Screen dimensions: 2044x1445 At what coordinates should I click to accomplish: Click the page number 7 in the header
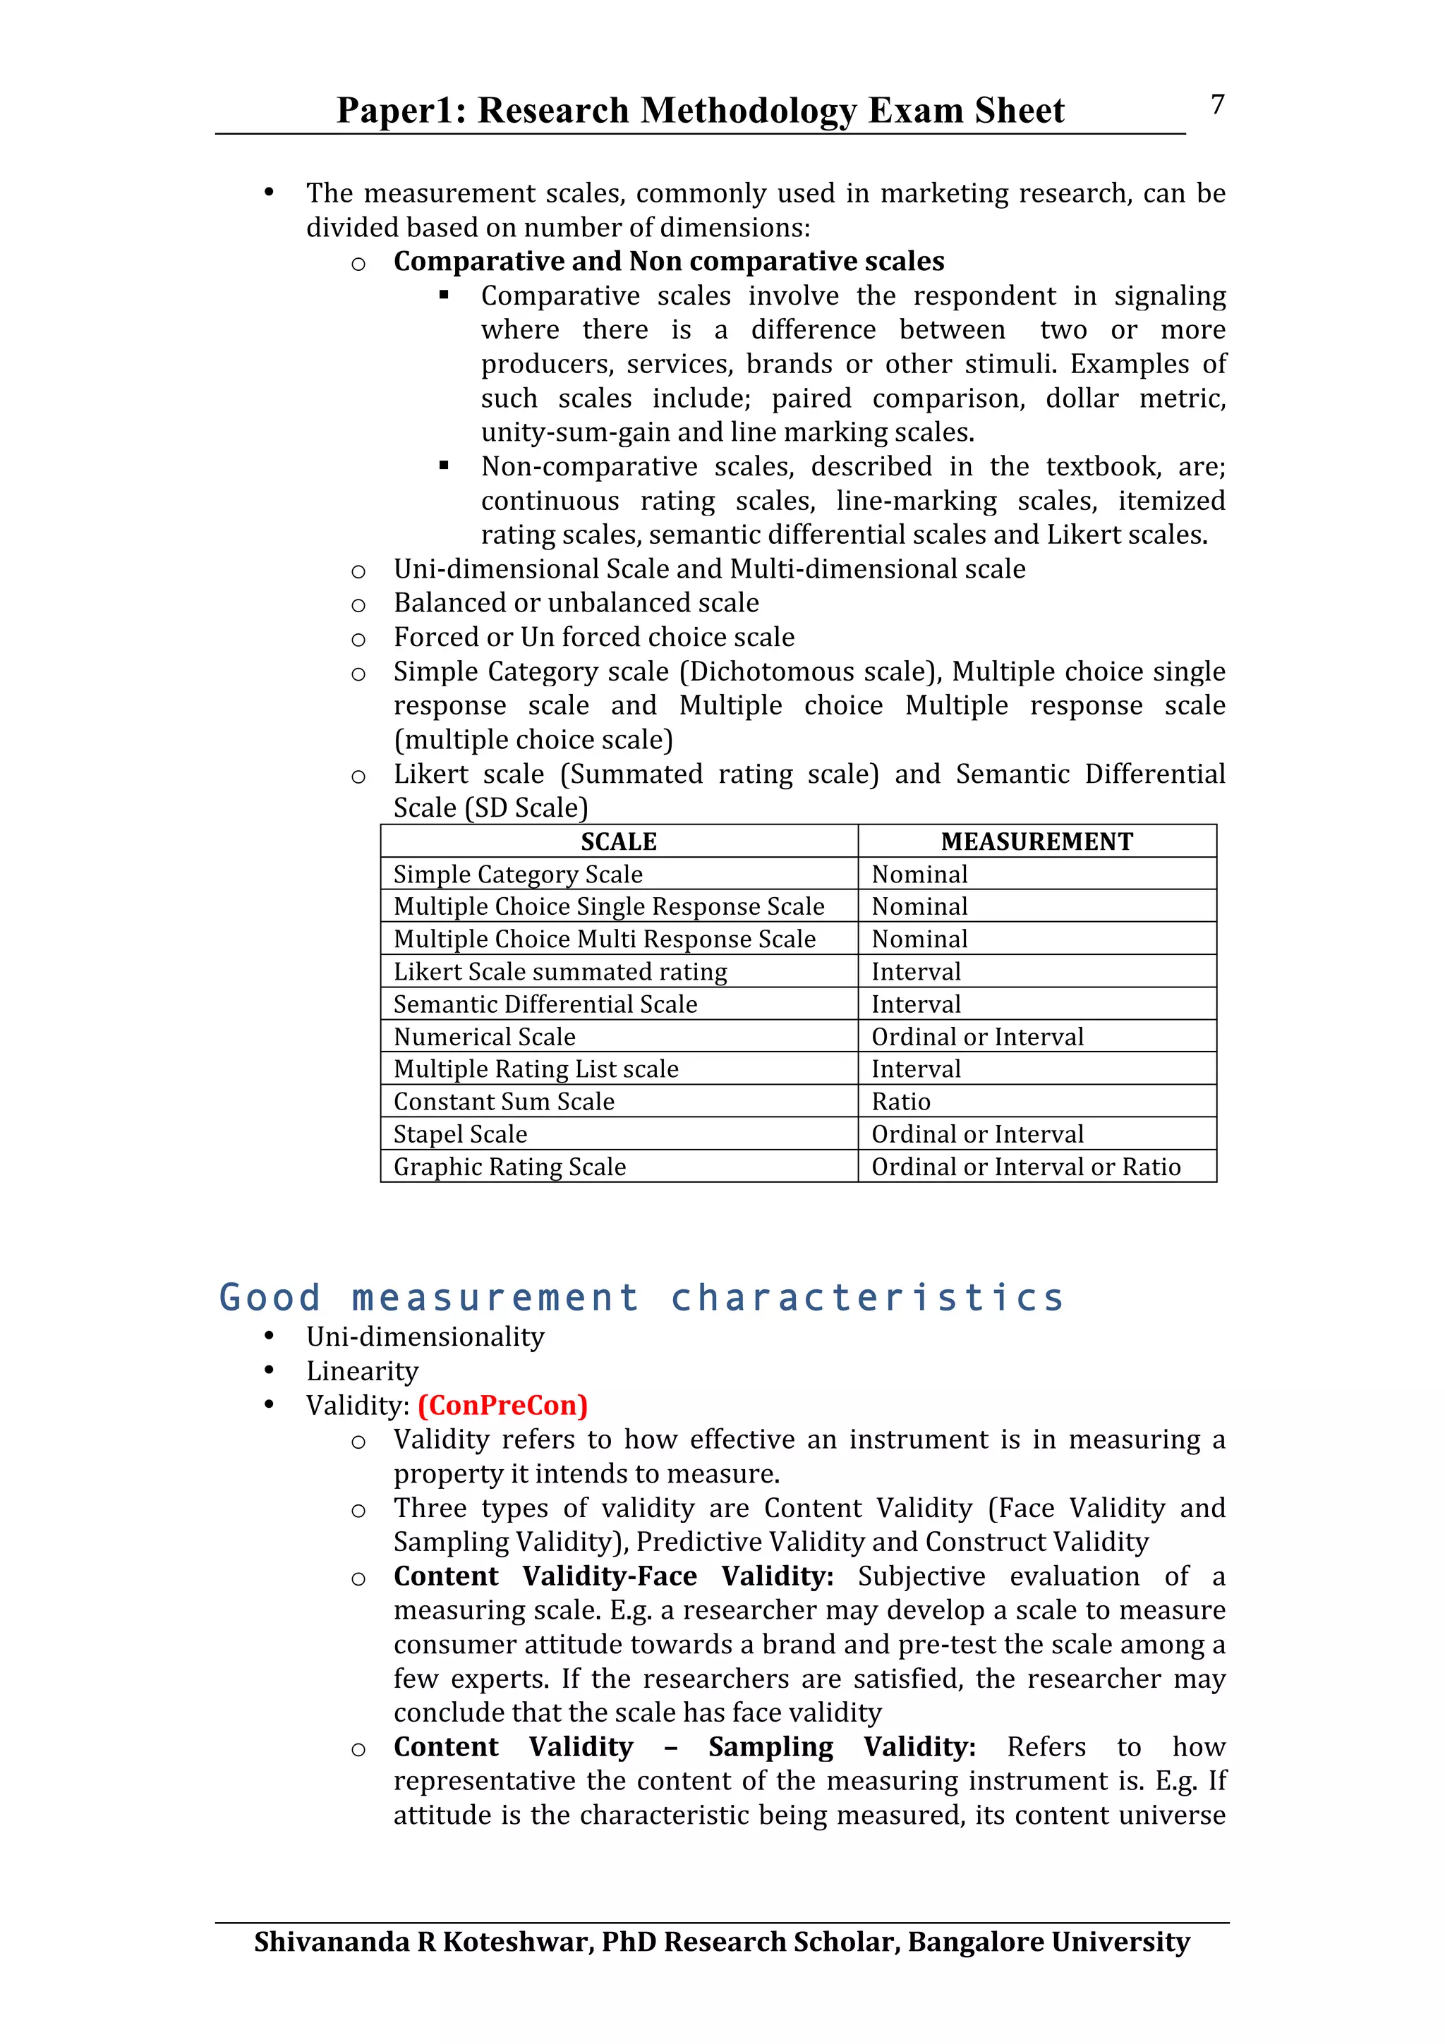tap(1217, 105)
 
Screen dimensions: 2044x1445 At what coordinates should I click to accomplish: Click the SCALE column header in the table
tap(619, 841)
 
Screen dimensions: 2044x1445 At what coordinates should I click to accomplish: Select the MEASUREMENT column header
tap(1036, 841)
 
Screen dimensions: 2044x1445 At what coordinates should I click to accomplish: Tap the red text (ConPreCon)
tap(502, 1405)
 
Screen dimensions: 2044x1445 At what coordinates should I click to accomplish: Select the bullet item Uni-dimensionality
tap(425, 1337)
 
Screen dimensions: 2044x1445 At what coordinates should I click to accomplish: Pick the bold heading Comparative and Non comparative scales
tap(669, 261)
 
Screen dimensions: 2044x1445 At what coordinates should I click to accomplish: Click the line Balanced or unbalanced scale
tap(576, 603)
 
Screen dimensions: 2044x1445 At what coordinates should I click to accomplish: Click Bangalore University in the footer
tap(1048, 1942)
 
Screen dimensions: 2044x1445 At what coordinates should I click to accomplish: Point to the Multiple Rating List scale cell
tap(536, 1069)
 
